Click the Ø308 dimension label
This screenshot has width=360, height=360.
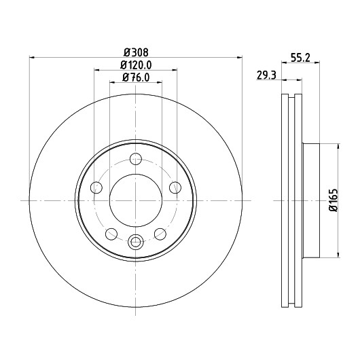136,52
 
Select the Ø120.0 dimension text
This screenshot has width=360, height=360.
136,65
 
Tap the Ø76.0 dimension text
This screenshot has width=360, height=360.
136,77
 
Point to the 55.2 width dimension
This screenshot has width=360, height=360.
300,58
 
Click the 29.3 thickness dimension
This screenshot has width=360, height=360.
266,75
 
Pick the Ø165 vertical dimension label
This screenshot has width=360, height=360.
334,200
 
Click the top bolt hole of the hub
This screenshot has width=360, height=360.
136,159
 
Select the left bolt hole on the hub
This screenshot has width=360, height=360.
96,187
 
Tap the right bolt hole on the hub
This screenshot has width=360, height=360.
175,187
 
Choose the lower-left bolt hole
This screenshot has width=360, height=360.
111,234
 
